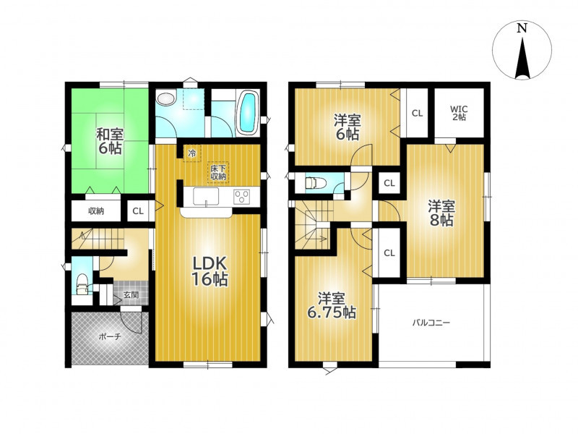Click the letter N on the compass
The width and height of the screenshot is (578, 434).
tap(521, 28)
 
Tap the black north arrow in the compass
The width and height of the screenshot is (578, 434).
tap(522, 59)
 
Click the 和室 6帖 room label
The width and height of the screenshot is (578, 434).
tap(110, 140)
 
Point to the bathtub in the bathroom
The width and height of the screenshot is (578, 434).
tap(248, 113)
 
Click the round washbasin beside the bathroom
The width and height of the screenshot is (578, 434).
tap(165, 98)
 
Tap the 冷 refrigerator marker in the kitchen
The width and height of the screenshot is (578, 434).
tap(191, 153)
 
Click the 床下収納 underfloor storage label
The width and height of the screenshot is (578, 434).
tap(218, 172)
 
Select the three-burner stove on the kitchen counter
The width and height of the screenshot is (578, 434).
tap(241, 195)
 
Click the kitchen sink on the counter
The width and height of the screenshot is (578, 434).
tap(206, 196)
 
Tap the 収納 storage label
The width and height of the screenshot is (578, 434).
tap(96, 211)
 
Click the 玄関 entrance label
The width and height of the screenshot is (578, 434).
tap(131, 295)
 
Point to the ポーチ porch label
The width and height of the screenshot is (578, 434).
tap(110, 336)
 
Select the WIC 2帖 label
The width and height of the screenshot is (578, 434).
tap(459, 113)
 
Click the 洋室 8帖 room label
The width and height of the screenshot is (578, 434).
tap(441, 213)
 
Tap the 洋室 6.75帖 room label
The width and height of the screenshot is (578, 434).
tap(332, 305)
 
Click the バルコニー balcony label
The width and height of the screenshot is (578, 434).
tap(431, 323)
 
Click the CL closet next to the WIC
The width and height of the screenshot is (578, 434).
tap(417, 114)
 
